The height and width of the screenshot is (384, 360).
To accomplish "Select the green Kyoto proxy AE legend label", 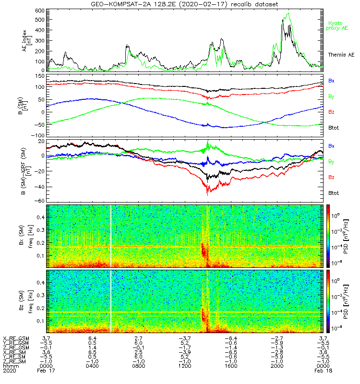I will coord(337,25).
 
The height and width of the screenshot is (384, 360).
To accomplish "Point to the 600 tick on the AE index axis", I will coord(40,10).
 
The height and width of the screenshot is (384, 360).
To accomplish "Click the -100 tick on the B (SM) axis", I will coord(38,135).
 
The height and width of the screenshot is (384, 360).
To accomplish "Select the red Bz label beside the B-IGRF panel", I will coord(331,178).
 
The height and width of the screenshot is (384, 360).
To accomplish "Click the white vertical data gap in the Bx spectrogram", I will coord(111,236).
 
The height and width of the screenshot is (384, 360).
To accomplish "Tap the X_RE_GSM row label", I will coord(15,338).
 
